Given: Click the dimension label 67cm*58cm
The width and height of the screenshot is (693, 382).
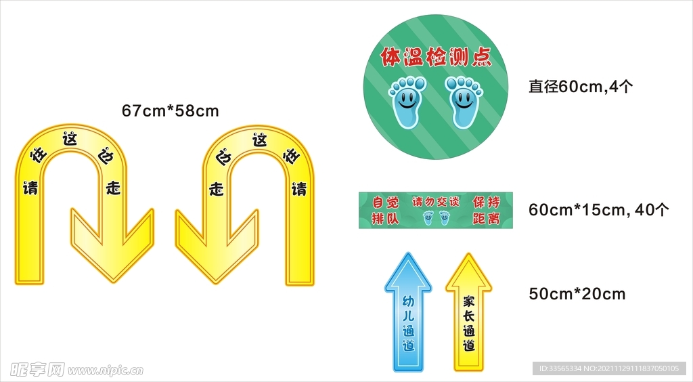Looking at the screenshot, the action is (170, 110).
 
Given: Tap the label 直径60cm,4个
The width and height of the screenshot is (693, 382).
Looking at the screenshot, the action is (581, 86).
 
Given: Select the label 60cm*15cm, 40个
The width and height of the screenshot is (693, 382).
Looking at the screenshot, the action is (599, 209).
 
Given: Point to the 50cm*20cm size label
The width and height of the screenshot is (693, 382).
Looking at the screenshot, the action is (577, 294).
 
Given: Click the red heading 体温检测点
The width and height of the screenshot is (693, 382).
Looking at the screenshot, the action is (437, 57).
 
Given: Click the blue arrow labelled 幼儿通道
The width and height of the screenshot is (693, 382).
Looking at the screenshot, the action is (408, 312).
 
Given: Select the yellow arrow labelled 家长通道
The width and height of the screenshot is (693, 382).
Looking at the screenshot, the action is (468, 312).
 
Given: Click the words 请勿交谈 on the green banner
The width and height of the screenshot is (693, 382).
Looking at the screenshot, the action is (436, 202).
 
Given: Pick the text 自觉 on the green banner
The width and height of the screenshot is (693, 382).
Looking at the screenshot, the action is (385, 203).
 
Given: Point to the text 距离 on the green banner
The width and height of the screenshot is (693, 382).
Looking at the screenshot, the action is (486, 218).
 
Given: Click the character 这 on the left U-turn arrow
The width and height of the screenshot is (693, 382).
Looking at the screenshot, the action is (70, 139).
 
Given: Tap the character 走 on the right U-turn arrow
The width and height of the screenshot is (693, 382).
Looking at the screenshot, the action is (217, 189).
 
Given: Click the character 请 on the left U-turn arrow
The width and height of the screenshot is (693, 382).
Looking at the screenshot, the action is (30, 188).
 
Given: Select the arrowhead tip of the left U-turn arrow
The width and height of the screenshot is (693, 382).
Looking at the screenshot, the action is (113, 282).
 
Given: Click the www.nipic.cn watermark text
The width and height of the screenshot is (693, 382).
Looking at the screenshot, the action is (105, 370).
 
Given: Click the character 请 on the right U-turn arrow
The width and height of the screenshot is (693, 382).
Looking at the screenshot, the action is (298, 189).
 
